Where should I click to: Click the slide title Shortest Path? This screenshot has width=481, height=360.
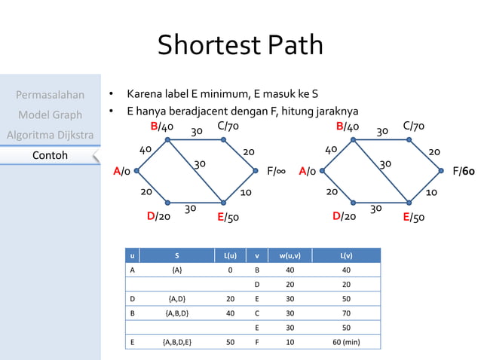(x=240, y=45)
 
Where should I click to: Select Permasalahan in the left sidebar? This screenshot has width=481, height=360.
(x=50, y=95)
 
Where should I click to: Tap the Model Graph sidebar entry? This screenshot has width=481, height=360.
(x=50, y=114)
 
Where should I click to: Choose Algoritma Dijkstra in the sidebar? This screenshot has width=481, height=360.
(x=50, y=135)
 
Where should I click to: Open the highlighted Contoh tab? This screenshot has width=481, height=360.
(x=50, y=155)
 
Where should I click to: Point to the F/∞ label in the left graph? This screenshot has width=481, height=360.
(x=279, y=171)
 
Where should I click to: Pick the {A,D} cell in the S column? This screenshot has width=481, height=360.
(x=177, y=298)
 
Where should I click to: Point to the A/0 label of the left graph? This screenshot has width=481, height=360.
(x=121, y=172)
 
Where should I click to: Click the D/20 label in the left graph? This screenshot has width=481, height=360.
(x=158, y=217)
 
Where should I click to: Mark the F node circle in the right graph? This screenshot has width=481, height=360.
(x=441, y=171)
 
